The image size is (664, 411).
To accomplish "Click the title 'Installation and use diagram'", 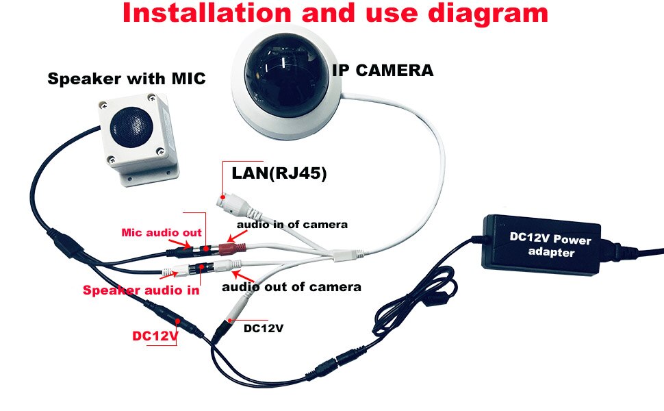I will click(335, 15).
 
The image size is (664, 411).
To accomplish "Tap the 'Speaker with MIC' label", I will click(127, 79).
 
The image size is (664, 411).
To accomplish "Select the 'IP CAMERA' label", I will click(383, 70).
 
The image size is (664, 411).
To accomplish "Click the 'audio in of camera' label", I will click(292, 225).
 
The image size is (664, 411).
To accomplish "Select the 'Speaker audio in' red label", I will click(141, 290).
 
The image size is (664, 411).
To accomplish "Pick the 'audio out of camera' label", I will click(292, 286).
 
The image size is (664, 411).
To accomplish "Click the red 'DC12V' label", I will click(155, 336).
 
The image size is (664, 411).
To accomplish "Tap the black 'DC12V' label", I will click(264, 328).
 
